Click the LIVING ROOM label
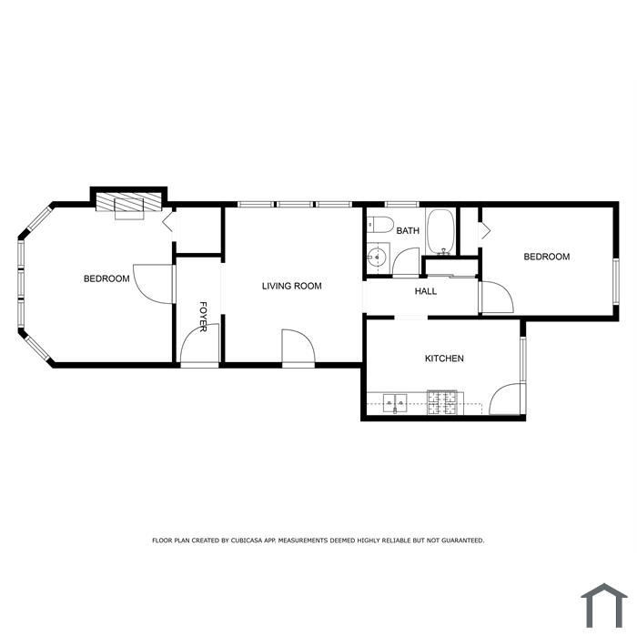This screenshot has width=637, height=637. click(x=292, y=286)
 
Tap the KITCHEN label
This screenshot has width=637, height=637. click(x=444, y=359)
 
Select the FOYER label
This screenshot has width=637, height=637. click(x=203, y=317)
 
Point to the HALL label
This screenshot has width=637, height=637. click(x=426, y=291)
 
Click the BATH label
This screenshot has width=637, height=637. click(x=408, y=231)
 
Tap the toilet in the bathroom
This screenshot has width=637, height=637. click(x=380, y=225)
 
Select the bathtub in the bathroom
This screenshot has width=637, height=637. click(x=440, y=232)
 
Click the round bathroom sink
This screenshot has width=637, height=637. click(x=377, y=257)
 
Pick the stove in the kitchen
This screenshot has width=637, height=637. click(x=442, y=402)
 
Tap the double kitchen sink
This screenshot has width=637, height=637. click(x=395, y=403)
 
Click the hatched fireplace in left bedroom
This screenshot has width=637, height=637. click(x=128, y=201)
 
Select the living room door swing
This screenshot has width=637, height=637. click(x=298, y=346)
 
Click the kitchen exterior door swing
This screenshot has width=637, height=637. click(x=505, y=399)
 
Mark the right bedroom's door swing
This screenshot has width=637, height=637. click(x=497, y=297)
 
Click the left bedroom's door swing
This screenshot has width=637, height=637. click(x=153, y=284)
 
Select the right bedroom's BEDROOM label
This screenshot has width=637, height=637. click(x=546, y=257)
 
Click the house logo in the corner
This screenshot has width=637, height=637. click(x=604, y=606)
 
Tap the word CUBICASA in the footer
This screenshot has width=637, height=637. click(x=247, y=541)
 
